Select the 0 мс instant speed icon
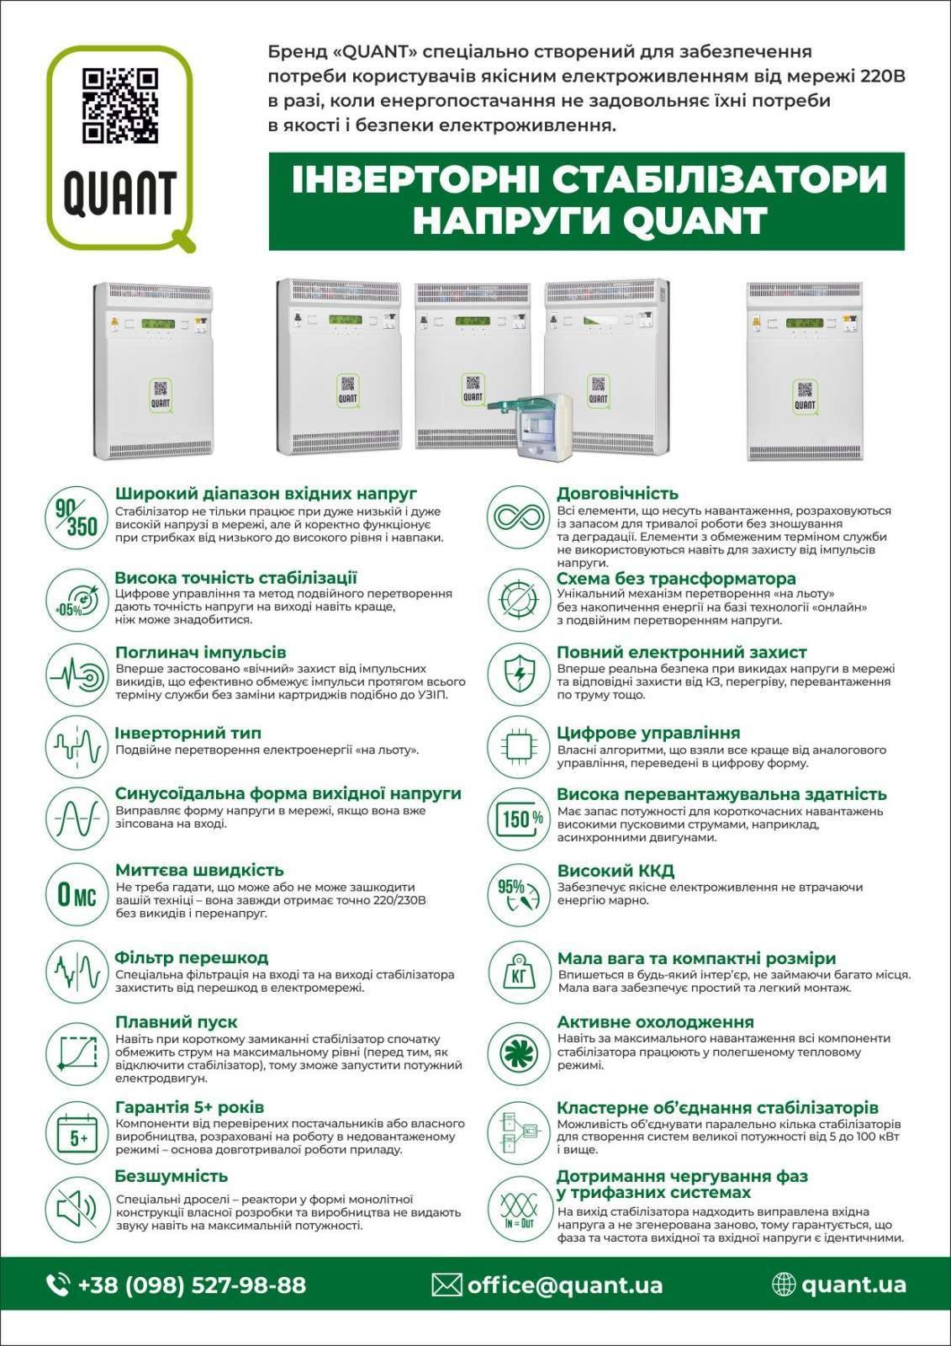pos(76,894)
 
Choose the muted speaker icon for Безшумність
pos(76,1210)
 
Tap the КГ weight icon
pos(519,973)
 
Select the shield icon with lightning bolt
pos(519,673)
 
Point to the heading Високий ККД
pos(616,871)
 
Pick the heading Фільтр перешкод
pos(192,957)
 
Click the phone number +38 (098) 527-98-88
pos(192,1285)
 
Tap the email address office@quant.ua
pos(564,1285)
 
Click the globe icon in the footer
pos(783,1284)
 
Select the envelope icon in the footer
pos(446,1285)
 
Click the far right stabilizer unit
pos(806,370)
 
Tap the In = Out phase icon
pos(519,1210)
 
